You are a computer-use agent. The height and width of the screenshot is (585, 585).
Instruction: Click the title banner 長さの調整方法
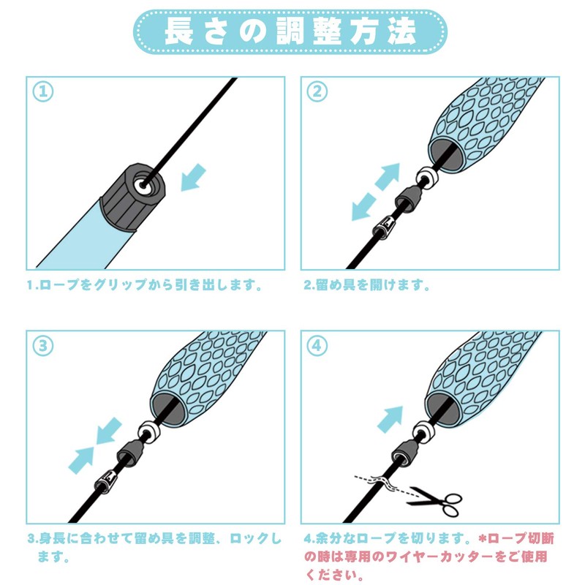pos(290,31)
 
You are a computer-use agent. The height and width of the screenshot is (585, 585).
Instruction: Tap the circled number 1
pos(43,92)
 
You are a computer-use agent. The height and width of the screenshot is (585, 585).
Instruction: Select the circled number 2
pos(317,91)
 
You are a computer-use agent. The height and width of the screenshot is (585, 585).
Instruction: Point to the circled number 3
pos(43,345)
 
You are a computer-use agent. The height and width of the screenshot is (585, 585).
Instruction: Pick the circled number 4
pos(317,345)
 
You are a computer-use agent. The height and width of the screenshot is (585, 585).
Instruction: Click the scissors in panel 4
pos(436,501)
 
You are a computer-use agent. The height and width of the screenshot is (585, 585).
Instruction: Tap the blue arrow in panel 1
pos(193,178)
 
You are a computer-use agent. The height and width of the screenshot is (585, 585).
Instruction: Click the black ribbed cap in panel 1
pos(132,197)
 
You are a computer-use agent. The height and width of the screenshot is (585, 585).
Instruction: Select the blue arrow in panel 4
pos(390,419)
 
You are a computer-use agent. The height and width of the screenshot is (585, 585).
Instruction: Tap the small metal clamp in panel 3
pos(105,481)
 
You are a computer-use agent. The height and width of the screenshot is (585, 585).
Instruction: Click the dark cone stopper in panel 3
pos(129,452)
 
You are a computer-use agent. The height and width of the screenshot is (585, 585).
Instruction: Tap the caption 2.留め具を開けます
pos(367,285)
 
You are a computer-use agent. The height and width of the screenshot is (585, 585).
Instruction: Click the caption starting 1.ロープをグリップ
pos(145,285)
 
